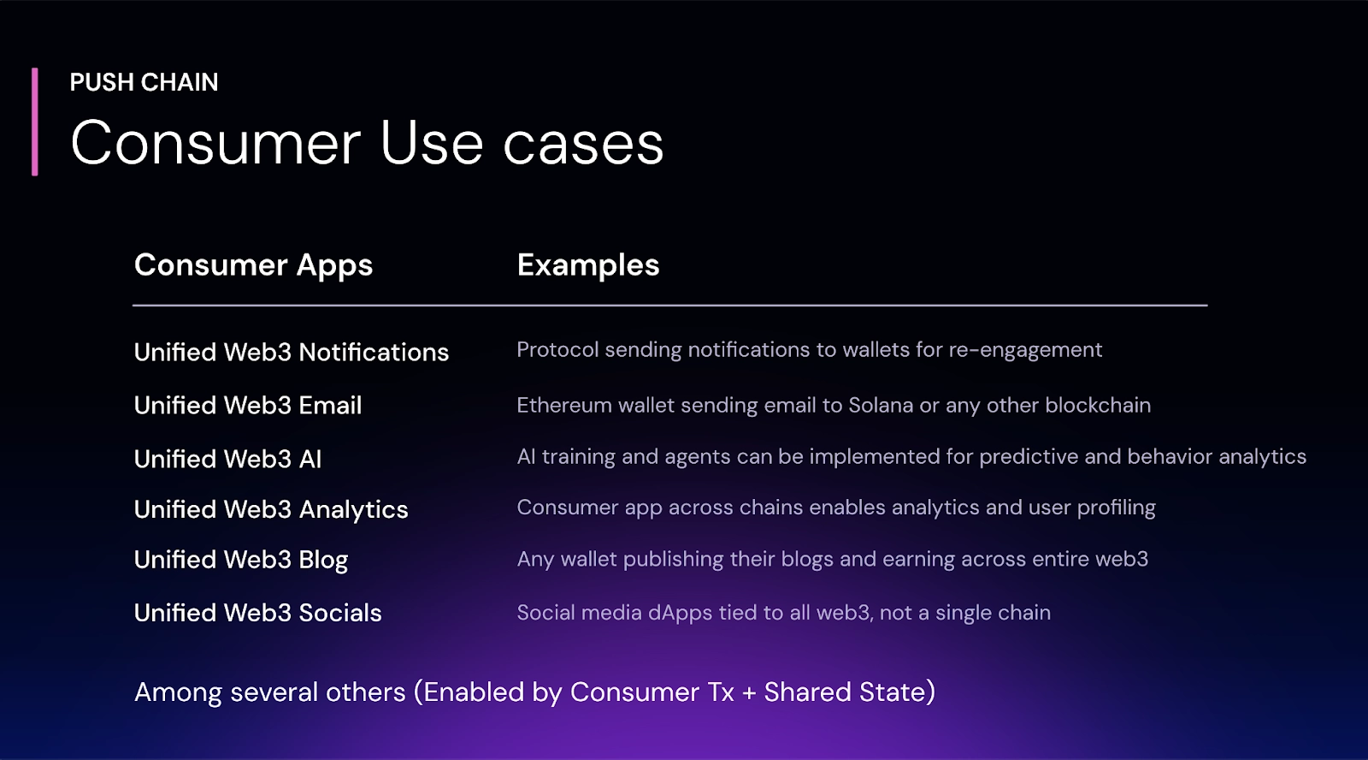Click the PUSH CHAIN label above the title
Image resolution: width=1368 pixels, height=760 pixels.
(x=144, y=82)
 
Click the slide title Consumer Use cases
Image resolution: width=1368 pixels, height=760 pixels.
(x=367, y=143)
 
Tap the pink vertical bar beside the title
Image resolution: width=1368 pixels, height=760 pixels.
(x=35, y=122)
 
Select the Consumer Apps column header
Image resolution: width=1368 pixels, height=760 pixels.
(x=253, y=265)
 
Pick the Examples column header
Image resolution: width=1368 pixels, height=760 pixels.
(x=588, y=265)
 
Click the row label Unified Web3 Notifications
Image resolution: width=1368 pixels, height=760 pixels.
(x=291, y=353)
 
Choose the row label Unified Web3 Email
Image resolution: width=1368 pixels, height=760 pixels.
(x=248, y=406)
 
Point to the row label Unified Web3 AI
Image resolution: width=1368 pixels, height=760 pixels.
(x=227, y=460)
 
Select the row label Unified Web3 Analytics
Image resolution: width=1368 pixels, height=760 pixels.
(x=271, y=510)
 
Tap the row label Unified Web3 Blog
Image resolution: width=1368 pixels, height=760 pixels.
(x=241, y=560)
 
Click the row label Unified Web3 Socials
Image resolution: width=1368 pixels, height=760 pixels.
(x=257, y=613)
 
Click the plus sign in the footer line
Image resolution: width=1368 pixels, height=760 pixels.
(x=749, y=693)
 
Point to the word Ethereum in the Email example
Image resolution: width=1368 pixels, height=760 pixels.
(x=564, y=406)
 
